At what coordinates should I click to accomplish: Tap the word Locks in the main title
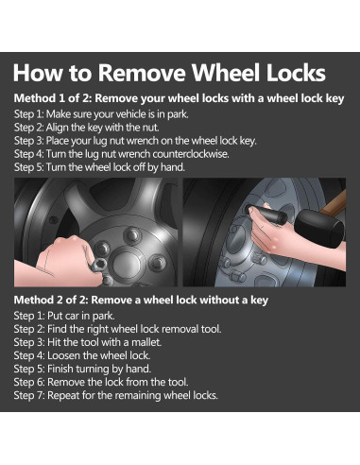[x=296, y=73]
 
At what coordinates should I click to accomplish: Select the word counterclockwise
[x=191, y=154]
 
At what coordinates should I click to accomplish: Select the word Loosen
[x=63, y=355]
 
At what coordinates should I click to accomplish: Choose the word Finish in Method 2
[x=60, y=369]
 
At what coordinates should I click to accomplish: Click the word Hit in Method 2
[x=53, y=342]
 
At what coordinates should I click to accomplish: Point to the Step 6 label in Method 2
[x=29, y=382]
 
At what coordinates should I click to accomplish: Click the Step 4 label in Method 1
[x=29, y=154]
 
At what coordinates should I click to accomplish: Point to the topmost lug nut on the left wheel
[x=132, y=234]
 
